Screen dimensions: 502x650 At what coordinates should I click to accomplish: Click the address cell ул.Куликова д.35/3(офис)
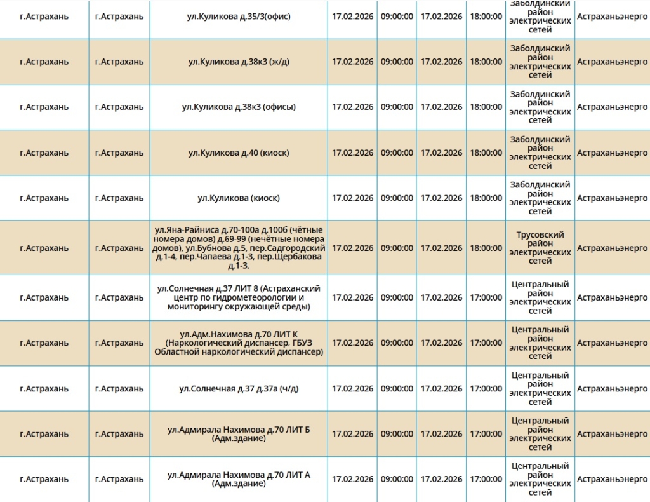(239, 17)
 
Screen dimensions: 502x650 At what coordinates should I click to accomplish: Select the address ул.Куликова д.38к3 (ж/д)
(239, 62)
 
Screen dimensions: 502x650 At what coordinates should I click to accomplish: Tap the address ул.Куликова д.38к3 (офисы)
(239, 107)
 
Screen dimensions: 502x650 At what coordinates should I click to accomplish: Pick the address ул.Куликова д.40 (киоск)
(239, 153)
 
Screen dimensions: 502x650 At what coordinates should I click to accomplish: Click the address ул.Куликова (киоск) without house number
(239, 198)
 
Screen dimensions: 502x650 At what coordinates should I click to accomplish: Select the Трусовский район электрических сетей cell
(540, 248)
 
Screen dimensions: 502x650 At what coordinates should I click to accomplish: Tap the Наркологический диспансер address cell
(239, 343)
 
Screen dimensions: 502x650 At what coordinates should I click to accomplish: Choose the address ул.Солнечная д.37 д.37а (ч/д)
(239, 388)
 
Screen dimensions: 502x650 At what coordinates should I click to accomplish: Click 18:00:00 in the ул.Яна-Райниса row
(486, 248)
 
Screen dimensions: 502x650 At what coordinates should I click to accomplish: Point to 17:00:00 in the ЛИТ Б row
(486, 434)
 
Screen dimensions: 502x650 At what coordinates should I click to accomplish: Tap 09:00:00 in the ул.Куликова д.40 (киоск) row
(397, 153)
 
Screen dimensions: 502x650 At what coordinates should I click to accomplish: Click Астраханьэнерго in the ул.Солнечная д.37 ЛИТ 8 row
(612, 297)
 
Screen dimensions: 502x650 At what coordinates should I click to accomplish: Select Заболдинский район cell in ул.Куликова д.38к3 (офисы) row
(540, 107)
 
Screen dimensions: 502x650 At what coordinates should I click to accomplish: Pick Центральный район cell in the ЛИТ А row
(540, 479)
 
